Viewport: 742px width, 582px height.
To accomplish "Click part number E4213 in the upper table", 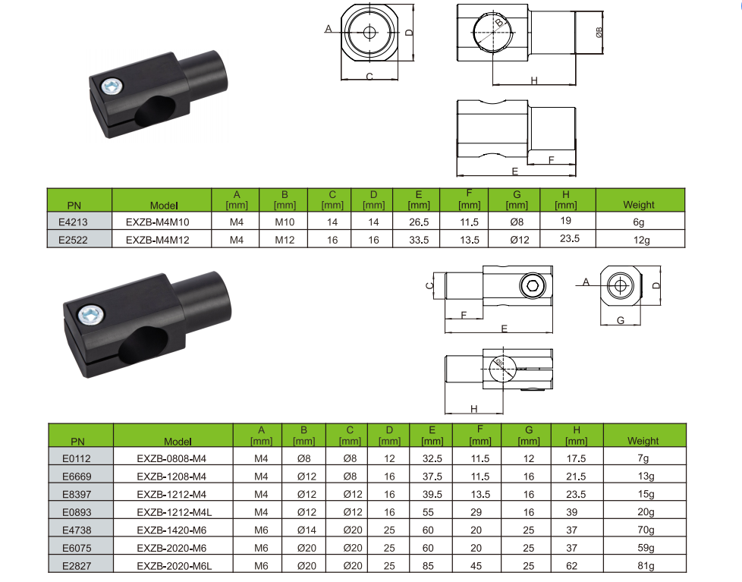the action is point(73,222).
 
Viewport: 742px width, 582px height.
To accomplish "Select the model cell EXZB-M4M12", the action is point(158,240).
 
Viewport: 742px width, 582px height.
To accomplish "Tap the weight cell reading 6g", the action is point(639,222).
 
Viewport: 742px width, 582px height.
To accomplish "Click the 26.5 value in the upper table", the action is point(419,222).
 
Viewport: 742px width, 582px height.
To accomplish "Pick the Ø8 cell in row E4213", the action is point(517,222).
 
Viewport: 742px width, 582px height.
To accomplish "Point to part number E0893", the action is point(77,512).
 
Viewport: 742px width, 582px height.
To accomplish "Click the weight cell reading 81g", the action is point(646,566).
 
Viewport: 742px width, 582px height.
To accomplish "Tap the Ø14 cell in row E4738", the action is point(307,530).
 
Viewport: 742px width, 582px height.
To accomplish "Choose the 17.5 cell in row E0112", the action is point(576,458).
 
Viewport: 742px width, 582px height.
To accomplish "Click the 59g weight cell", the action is point(646,548).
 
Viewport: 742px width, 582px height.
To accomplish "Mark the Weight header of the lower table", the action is point(643,441).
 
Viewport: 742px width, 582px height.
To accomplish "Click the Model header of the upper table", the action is point(164,206).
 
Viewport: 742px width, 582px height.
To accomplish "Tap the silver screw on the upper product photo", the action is point(112,87).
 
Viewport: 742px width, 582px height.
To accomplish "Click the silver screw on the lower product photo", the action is point(91,315).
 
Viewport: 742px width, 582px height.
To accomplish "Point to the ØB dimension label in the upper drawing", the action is point(599,32).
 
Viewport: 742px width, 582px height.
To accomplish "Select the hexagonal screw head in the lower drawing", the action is point(533,286).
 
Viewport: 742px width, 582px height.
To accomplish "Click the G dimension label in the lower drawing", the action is point(621,320).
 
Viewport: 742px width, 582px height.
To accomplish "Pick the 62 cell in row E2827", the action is point(571,566).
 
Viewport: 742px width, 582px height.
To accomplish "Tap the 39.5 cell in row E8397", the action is point(432,494).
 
